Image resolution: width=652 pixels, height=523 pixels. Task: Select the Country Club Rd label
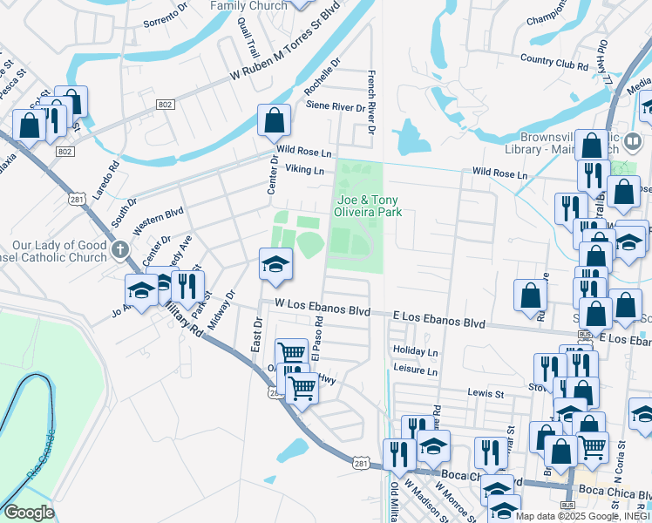click(554, 62)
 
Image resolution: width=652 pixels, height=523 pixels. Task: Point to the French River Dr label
click(371, 103)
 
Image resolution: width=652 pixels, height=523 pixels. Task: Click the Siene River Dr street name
click(336, 107)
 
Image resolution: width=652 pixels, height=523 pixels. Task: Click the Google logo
click(29, 513)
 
